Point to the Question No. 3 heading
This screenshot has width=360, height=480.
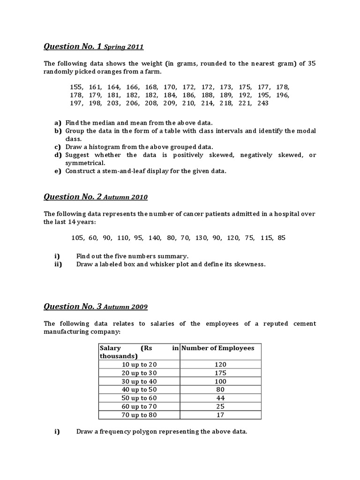click(73, 307)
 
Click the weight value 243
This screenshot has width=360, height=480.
click(262, 103)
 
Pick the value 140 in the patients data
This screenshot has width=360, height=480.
click(155, 238)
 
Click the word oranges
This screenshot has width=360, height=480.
click(93, 71)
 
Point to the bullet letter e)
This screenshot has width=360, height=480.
click(58, 171)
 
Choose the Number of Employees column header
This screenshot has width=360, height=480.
click(218, 348)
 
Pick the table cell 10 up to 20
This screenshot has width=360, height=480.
click(139, 364)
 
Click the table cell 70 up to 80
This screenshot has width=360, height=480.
click(139, 415)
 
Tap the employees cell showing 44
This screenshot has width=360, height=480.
click(220, 398)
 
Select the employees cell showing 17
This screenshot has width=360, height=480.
click(220, 415)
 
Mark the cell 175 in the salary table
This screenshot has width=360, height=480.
click(220, 373)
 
